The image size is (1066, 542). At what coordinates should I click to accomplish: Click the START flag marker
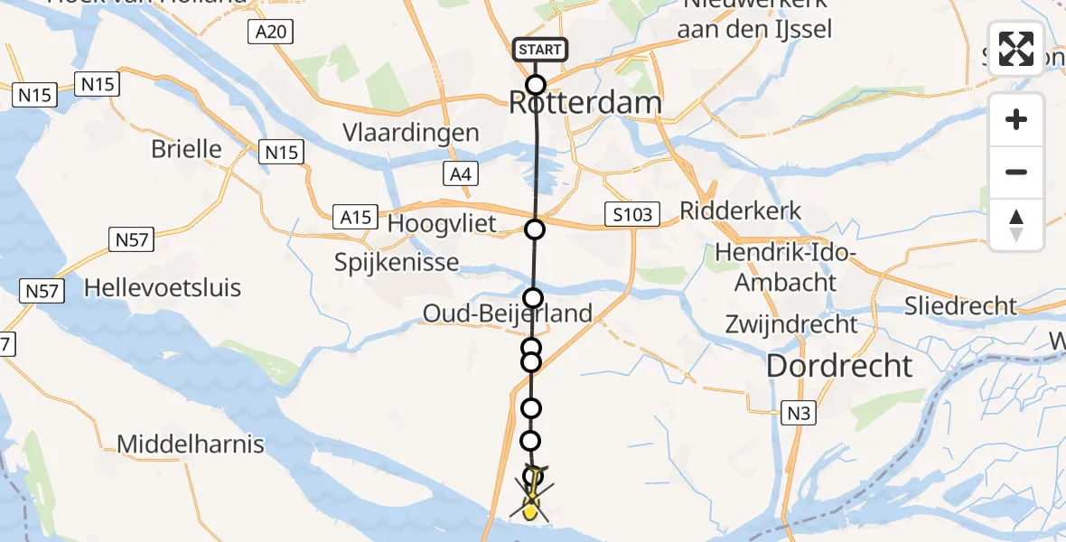pyautogui.click(x=539, y=50)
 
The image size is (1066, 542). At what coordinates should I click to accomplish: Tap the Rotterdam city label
pyautogui.click(x=584, y=103)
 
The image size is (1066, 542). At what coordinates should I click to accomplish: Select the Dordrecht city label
pyautogui.click(x=839, y=366)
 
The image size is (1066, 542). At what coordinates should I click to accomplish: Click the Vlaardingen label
pyautogui.click(x=410, y=133)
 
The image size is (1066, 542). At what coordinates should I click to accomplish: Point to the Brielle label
pyautogui.click(x=186, y=149)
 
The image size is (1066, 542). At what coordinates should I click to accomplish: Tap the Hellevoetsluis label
pyautogui.click(x=163, y=288)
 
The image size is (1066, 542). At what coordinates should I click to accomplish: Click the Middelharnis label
pyautogui.click(x=191, y=444)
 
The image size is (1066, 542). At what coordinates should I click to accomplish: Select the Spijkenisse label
pyautogui.click(x=397, y=264)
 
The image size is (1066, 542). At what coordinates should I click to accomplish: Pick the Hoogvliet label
pyautogui.click(x=442, y=223)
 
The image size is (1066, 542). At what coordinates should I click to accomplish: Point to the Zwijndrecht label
pyautogui.click(x=791, y=323)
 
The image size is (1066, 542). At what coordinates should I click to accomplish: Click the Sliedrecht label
pyautogui.click(x=961, y=306)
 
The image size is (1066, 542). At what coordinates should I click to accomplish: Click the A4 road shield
pyautogui.click(x=460, y=175)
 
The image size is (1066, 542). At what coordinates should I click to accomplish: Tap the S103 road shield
pyautogui.click(x=631, y=214)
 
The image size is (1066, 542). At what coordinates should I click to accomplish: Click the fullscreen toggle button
pyautogui.click(x=1016, y=49)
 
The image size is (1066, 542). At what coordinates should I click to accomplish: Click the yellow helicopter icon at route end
pyautogui.click(x=530, y=497)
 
